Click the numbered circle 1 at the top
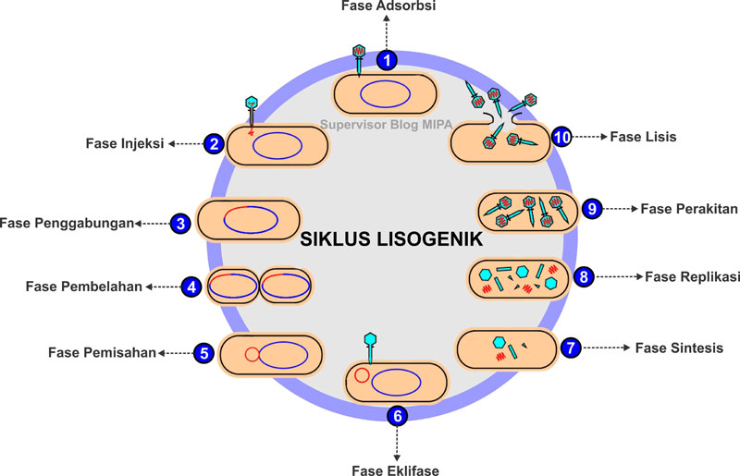(x=388, y=60)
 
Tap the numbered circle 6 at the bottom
(x=398, y=416)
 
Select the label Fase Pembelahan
(x=84, y=287)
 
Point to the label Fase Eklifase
(x=396, y=470)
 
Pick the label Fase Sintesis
(x=679, y=348)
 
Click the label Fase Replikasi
(x=692, y=275)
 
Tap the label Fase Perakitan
(x=690, y=209)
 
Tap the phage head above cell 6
(x=372, y=338)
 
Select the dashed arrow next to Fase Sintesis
(x=607, y=348)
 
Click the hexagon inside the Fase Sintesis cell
(x=500, y=343)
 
